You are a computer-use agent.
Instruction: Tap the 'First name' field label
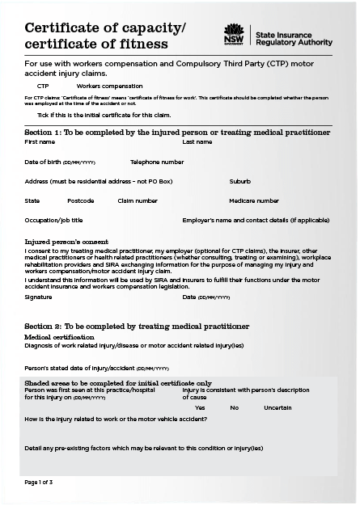pyautogui.click(x=40, y=141)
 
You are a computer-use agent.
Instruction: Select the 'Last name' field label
pyautogui.click(x=197, y=141)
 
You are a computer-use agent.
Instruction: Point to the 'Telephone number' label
pyautogui.click(x=157, y=162)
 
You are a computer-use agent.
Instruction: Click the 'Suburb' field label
pyautogui.click(x=239, y=181)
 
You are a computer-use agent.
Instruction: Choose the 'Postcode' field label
pyautogui.click(x=81, y=200)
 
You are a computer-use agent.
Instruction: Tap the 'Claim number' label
pyautogui.click(x=138, y=200)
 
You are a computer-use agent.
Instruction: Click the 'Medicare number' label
pyautogui.click(x=254, y=200)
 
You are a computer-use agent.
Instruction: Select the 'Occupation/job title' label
pyautogui.click(x=53, y=220)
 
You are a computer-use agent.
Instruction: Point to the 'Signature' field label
pyautogui.click(x=39, y=297)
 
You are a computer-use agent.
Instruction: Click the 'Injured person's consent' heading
pyautogui.click(x=66, y=241)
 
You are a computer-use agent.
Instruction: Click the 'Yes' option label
pyautogui.click(x=200, y=407)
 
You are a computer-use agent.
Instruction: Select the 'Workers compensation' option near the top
pyautogui.click(x=109, y=86)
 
